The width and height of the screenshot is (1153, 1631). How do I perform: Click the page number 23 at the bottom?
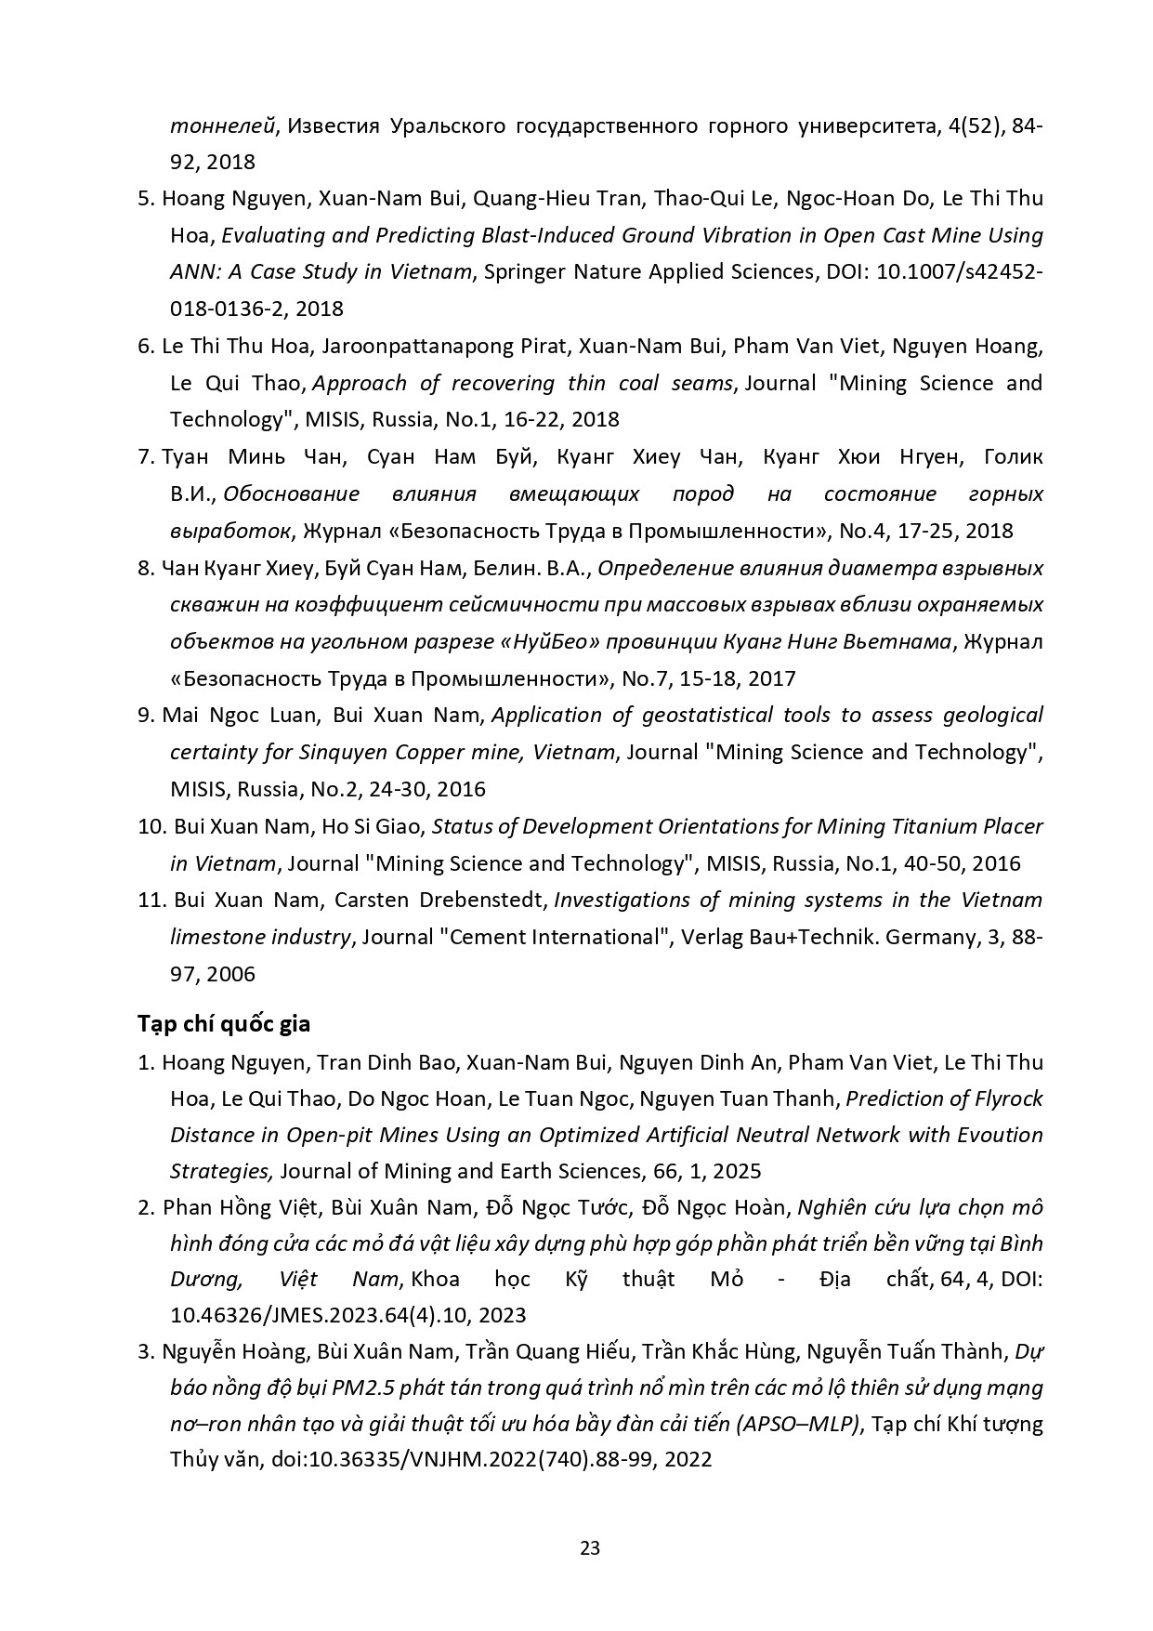(590, 1547)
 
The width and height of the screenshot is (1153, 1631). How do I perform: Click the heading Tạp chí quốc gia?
(224, 1024)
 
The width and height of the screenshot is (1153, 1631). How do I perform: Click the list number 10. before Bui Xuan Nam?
(151, 826)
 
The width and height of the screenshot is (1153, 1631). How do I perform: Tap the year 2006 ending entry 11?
(230, 974)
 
